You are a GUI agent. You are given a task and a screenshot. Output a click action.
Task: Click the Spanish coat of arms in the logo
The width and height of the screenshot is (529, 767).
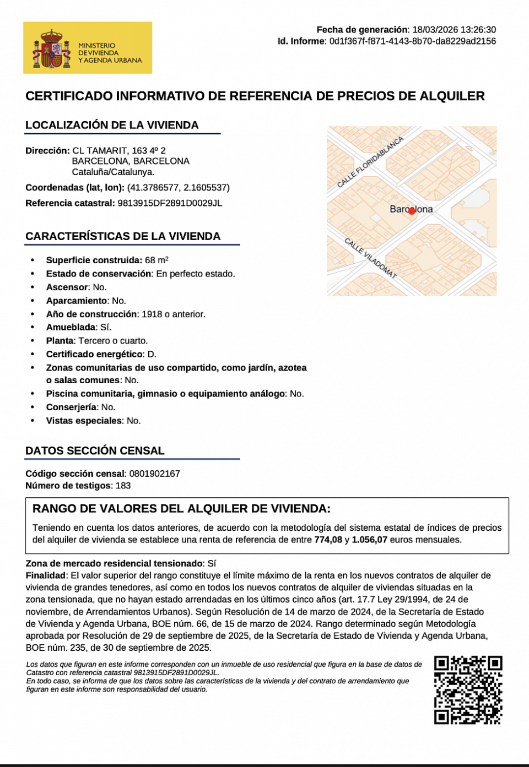click(x=51, y=49)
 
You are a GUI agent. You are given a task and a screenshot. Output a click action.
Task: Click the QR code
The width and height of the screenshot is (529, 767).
click(x=468, y=689)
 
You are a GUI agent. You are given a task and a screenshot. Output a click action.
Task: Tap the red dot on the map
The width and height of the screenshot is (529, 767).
click(x=412, y=211)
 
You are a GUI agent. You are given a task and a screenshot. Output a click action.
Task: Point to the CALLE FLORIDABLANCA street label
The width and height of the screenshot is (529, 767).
click(x=370, y=161)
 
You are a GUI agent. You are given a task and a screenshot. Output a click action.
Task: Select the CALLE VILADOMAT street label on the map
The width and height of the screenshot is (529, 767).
click(x=370, y=258)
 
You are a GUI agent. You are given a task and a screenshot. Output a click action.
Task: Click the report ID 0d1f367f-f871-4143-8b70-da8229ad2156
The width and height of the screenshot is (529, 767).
click(x=412, y=41)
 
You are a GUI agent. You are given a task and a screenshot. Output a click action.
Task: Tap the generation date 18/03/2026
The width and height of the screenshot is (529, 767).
click(x=431, y=30)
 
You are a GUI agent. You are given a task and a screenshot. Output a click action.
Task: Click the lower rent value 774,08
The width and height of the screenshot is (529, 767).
click(x=328, y=540)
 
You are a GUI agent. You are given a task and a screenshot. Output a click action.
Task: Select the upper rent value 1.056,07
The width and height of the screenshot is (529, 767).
click(x=369, y=540)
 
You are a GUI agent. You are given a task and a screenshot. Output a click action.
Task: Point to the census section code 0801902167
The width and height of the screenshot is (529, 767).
click(x=154, y=474)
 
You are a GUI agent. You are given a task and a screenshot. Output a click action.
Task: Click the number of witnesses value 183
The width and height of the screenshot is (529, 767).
click(x=123, y=486)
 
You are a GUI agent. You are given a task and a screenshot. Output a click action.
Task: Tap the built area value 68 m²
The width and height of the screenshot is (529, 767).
click(x=156, y=260)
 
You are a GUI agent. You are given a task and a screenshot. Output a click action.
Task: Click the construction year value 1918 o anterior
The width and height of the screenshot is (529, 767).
click(x=173, y=314)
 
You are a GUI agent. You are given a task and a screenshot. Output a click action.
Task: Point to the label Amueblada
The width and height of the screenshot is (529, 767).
click(x=71, y=328)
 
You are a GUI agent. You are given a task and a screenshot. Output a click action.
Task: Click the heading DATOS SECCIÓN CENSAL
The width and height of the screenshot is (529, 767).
click(x=95, y=451)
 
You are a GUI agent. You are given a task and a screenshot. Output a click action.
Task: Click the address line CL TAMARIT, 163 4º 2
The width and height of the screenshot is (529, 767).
click(x=119, y=151)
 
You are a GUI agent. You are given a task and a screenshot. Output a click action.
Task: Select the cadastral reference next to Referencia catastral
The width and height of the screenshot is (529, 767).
click(x=170, y=203)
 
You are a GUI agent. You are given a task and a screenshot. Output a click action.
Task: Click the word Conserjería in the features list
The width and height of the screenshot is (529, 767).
click(x=71, y=407)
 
